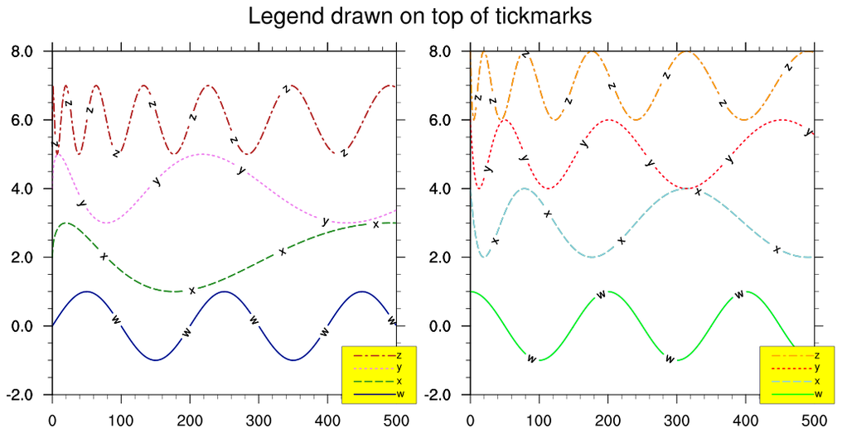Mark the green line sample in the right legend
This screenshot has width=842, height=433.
click(x=790, y=394)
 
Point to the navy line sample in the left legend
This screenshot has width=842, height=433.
click(x=372, y=394)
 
